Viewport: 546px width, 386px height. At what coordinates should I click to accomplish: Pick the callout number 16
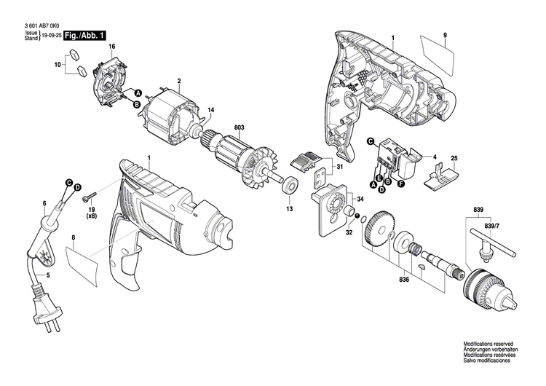112,47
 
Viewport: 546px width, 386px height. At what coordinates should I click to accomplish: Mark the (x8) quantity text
92,217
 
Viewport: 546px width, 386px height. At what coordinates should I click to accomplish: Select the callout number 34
360,199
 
